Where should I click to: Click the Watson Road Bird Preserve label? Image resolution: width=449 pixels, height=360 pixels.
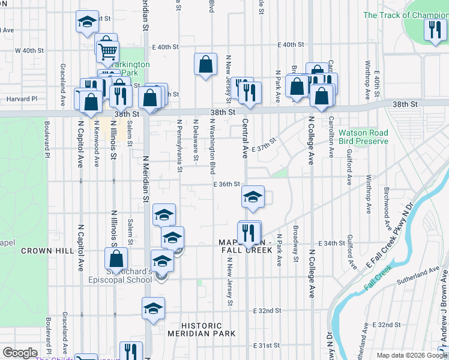[x=363, y=137]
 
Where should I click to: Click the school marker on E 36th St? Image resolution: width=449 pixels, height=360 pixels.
[x=253, y=197]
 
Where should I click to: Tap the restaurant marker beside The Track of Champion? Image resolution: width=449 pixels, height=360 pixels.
[x=433, y=29]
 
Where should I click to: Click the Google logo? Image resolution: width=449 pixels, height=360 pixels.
[x=20, y=353]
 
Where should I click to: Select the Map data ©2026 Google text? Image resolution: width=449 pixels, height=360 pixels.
[x=411, y=355]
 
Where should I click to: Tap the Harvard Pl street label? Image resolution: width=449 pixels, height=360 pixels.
[x=22, y=99]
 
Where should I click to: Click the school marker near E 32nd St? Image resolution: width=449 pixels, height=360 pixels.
[x=153, y=308]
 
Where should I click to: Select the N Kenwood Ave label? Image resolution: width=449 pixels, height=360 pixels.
[x=96, y=144]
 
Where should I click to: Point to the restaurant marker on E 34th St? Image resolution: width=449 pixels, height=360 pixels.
[x=249, y=232]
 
